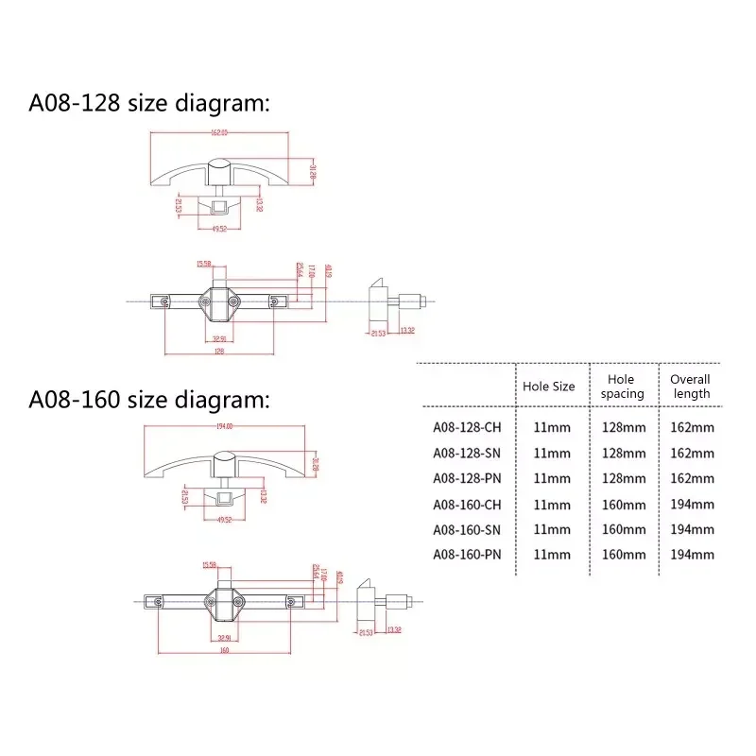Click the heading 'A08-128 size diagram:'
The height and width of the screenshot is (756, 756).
click(149, 103)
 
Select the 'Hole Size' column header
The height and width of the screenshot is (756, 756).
click(549, 386)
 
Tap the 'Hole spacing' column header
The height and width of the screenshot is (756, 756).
click(623, 386)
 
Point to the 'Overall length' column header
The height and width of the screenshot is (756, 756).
click(690, 386)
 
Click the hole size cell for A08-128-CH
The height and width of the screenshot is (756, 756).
click(553, 426)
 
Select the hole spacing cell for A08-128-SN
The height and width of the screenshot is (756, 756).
click(624, 453)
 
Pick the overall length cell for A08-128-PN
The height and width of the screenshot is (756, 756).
click(693, 478)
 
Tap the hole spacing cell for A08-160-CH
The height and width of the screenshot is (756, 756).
click(624, 505)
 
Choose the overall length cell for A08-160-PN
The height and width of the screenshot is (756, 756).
click(693, 555)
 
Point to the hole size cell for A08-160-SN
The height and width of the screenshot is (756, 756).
click(553, 529)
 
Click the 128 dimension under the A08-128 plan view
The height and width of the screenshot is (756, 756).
click(218, 350)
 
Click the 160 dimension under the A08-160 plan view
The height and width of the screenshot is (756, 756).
click(224, 650)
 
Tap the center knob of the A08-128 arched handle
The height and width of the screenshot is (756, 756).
click(218, 173)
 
